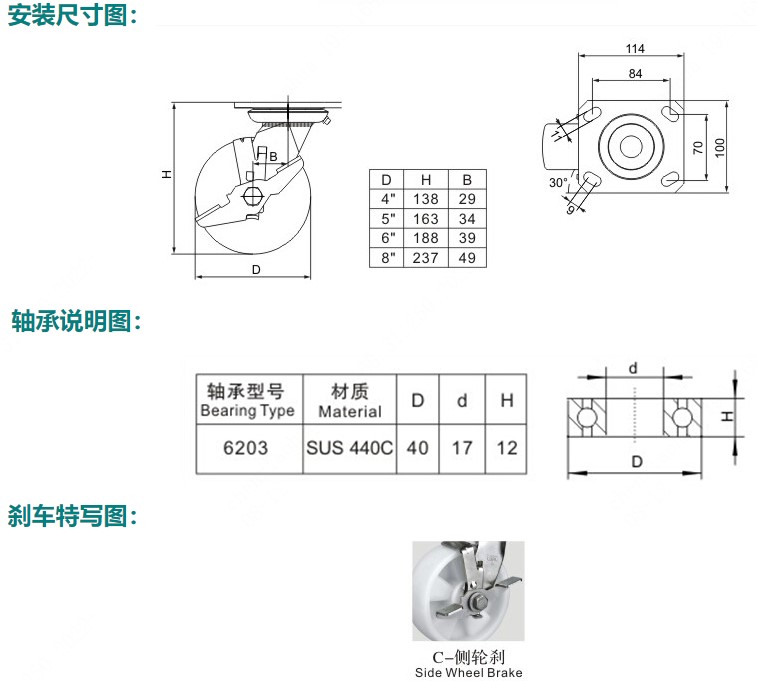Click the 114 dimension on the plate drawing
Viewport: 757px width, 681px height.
pyautogui.click(x=635, y=49)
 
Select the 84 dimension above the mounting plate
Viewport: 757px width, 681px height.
pyautogui.click(x=635, y=74)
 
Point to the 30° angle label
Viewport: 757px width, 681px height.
pyautogui.click(x=558, y=182)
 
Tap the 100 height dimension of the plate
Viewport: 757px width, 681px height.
pyautogui.click(x=719, y=147)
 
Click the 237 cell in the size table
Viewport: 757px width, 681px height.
pyautogui.click(x=425, y=258)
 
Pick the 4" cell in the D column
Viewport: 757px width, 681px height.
pyautogui.click(x=388, y=199)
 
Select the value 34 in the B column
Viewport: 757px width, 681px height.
pyautogui.click(x=467, y=219)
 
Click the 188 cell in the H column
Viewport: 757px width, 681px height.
pyautogui.click(x=425, y=238)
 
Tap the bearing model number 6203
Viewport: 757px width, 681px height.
pyautogui.click(x=245, y=448)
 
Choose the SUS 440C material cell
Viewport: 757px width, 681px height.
pyautogui.click(x=350, y=448)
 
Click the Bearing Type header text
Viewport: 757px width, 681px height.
pyautogui.click(x=247, y=411)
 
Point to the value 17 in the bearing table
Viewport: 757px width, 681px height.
pyautogui.click(x=462, y=448)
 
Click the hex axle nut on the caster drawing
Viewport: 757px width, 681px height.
pyautogui.click(x=252, y=196)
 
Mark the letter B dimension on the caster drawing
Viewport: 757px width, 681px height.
pyautogui.click(x=273, y=157)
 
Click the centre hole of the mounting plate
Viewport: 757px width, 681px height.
pyautogui.click(x=631, y=146)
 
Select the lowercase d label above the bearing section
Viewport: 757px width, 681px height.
pyautogui.click(x=633, y=369)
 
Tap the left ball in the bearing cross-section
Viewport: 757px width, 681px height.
pyautogui.click(x=586, y=417)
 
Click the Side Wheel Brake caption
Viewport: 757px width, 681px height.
pyautogui.click(x=468, y=672)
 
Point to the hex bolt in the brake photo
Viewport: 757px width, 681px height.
pyautogui.click(x=477, y=601)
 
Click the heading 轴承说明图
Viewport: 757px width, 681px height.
pyautogui.click(x=71, y=321)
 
